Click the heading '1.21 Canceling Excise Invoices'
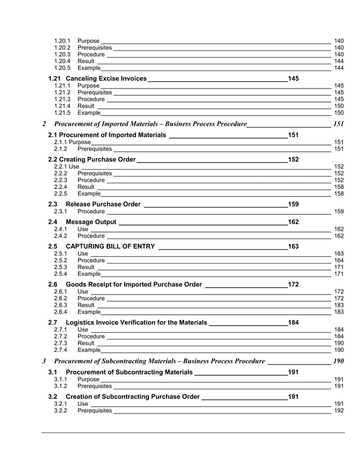tap(97, 78)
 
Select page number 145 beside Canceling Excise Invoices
tap(293, 78)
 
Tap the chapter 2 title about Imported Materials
tap(150, 124)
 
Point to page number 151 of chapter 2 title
tap(339, 124)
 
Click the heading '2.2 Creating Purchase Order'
tap(92, 160)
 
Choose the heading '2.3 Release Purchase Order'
tap(94, 204)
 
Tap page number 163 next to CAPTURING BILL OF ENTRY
tap(293, 247)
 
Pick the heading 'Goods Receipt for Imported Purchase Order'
tap(134, 284)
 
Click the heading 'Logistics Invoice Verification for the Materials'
tap(136, 322)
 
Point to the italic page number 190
tap(339, 361)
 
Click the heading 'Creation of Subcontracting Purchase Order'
tap(133, 397)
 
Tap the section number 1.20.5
tap(62, 68)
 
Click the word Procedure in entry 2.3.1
tap(91, 212)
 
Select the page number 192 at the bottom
tap(339, 411)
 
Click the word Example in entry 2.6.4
tap(89, 311)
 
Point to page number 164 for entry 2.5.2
tap(339, 261)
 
